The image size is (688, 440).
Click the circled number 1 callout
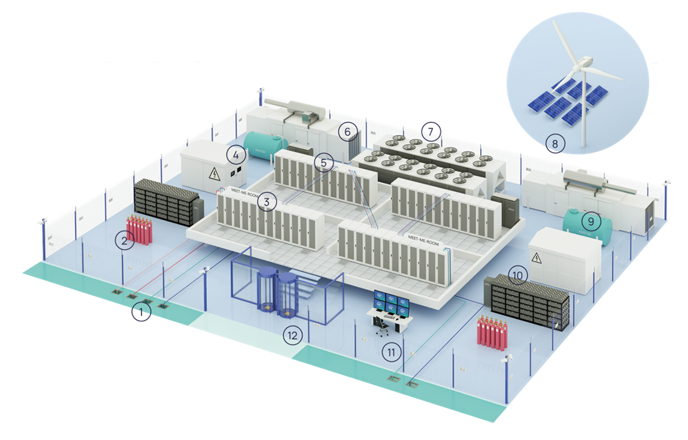click(x=141, y=312)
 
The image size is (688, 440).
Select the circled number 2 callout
click(x=125, y=240)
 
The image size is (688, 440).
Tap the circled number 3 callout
click(x=267, y=202)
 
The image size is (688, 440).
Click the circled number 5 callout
click(x=324, y=163)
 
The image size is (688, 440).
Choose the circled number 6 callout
click(x=345, y=132)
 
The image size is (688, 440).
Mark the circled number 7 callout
click(x=431, y=131)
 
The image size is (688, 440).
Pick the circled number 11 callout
click(x=392, y=352)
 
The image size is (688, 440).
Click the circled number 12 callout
click(x=291, y=334)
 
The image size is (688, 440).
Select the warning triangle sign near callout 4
click(x=214, y=174)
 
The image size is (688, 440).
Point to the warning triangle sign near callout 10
click(x=536, y=256)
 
